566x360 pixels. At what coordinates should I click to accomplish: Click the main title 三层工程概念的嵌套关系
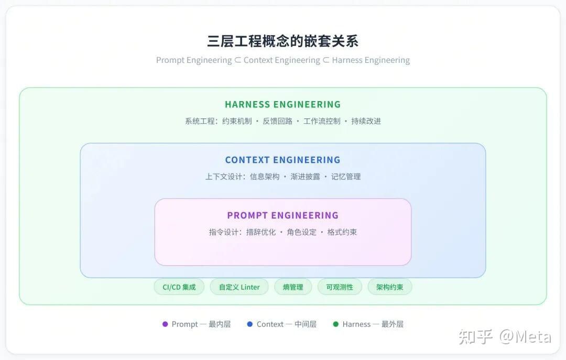[x=282, y=41]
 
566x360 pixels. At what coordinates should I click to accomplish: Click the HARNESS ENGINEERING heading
[x=282, y=104]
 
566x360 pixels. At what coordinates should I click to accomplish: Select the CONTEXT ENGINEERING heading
[x=282, y=160]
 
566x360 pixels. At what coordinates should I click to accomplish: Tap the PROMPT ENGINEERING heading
[x=282, y=215]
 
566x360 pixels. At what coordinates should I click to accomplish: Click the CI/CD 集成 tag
[x=179, y=287]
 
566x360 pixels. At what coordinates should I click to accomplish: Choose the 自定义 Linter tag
[x=240, y=287]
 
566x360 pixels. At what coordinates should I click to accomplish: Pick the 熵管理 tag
[x=293, y=287]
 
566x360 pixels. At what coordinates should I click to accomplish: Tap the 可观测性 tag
[x=340, y=287]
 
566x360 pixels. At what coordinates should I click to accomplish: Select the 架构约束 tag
[x=389, y=287]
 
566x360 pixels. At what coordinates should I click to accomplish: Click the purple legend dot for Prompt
[x=165, y=324]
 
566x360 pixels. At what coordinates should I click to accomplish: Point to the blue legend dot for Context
[x=250, y=324]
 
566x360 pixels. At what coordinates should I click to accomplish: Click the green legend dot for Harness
[x=336, y=324]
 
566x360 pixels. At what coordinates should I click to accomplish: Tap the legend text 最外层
[x=393, y=324]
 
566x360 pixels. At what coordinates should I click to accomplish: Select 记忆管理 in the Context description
[x=346, y=177]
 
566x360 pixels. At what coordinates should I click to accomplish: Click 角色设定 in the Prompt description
[x=301, y=232]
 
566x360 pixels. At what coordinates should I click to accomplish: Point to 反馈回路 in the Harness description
[x=277, y=121]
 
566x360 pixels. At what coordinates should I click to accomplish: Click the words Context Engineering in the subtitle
[x=282, y=60]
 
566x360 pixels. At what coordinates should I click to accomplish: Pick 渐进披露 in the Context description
[x=305, y=177]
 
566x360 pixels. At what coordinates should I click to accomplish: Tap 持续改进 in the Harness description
[x=366, y=121]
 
